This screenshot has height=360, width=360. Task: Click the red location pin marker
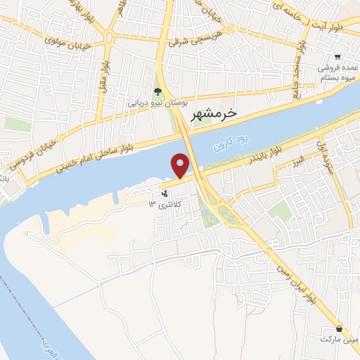pyautogui.click(x=181, y=166)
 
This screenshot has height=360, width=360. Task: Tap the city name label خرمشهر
pyautogui.click(x=214, y=112)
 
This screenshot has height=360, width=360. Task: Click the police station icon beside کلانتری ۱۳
pyautogui.click(x=165, y=193)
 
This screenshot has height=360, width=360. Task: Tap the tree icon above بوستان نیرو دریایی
pyautogui.click(x=158, y=91)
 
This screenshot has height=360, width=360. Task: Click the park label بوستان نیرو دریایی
pyautogui.click(x=158, y=103)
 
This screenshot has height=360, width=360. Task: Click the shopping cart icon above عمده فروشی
pyautogui.click(x=338, y=57)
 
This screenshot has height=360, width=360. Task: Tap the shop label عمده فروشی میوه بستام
pyautogui.click(x=338, y=72)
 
